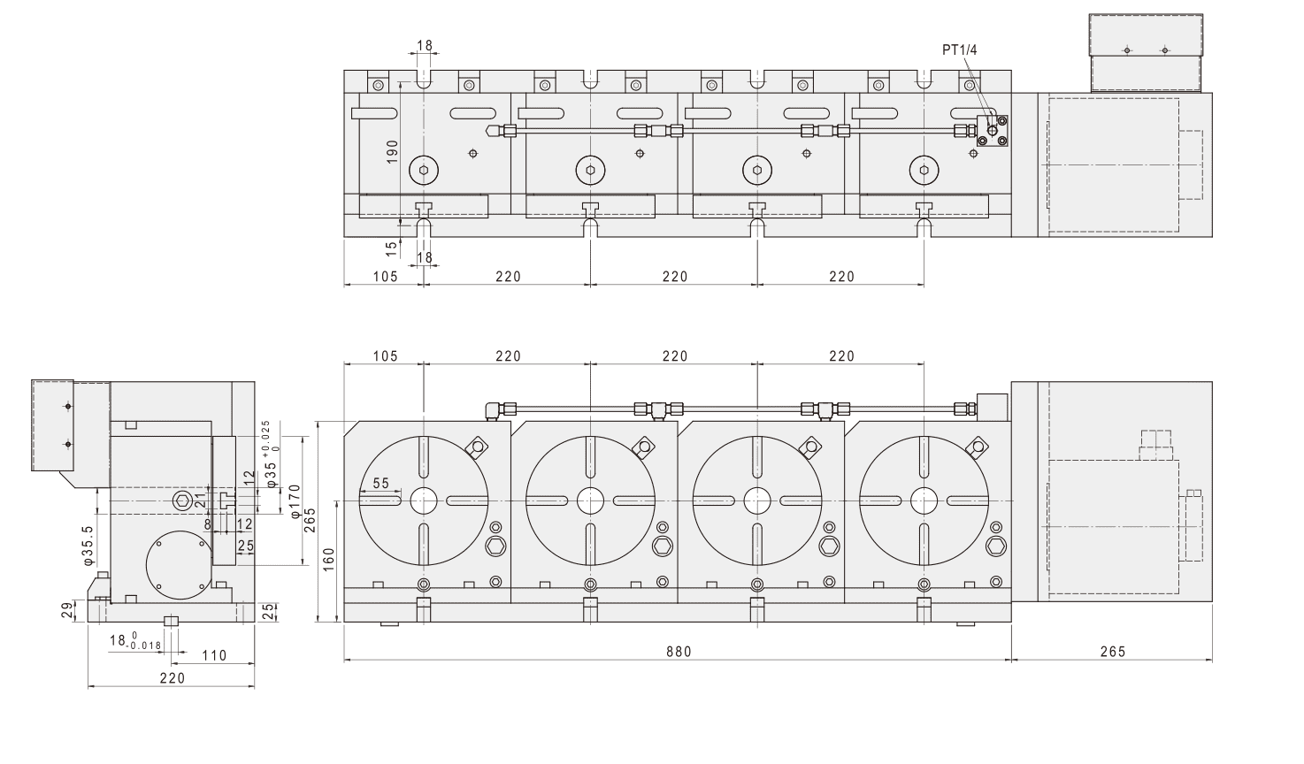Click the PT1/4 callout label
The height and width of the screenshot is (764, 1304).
point(959,50)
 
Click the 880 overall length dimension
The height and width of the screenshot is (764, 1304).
point(679,652)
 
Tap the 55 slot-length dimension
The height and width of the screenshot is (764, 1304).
point(380,484)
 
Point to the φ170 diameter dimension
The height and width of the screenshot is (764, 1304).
point(295,501)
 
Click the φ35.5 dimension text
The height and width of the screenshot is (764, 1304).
point(88,545)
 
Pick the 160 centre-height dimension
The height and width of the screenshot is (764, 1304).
point(328,560)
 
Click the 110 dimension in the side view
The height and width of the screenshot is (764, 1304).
point(214,655)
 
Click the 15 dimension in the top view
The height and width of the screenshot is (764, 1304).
point(391,248)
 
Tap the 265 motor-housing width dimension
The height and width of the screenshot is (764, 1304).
point(1112,652)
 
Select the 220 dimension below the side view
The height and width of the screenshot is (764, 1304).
point(172,678)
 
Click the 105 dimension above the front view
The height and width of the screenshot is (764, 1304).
point(384,356)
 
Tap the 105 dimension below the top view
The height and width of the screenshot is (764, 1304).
point(384,277)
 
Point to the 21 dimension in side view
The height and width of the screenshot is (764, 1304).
point(200,501)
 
